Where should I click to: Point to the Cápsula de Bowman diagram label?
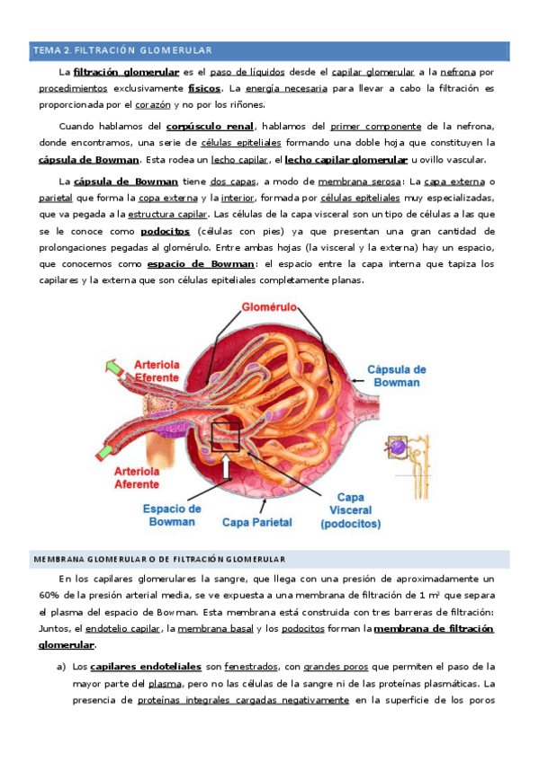pos(397,376)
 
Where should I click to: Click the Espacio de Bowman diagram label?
pos(172,514)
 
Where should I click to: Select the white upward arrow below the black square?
pos(224,469)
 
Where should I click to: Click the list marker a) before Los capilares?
pos(62,667)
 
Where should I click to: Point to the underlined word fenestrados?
pos(250,667)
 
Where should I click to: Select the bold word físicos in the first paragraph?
pos(205,89)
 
